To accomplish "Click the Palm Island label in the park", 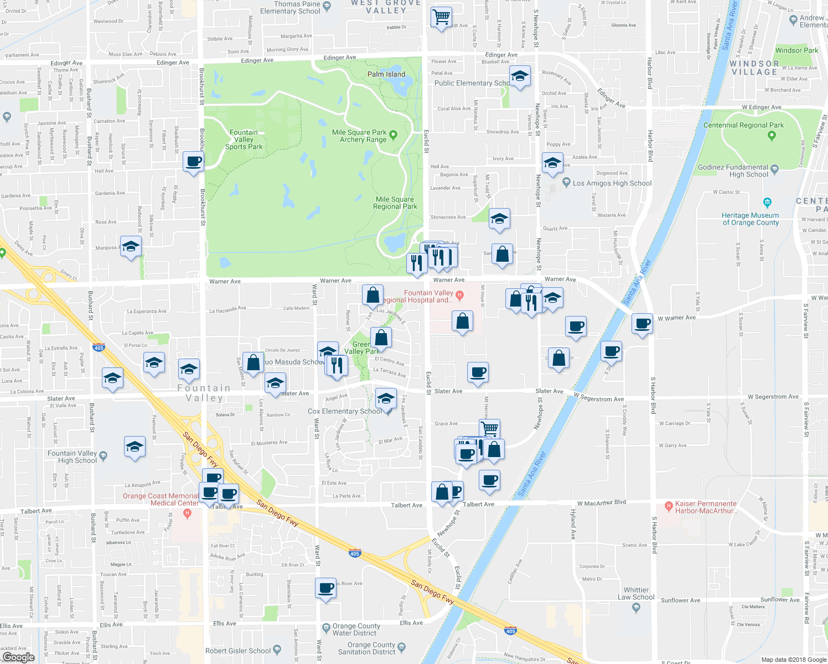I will [386, 74].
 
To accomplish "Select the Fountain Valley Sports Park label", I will [244, 139].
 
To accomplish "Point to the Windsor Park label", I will [796, 50].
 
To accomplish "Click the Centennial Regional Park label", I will [743, 125].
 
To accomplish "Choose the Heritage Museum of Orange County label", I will [750, 219].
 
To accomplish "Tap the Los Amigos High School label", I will [612, 183].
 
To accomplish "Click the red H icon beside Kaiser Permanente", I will [669, 505].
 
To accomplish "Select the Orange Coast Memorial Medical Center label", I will [161, 500].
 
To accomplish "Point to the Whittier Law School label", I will [636, 594].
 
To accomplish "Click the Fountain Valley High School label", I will [72, 457].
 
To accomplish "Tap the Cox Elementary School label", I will [344, 411].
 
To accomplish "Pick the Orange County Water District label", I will [356, 630].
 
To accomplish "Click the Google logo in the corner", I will [18, 657].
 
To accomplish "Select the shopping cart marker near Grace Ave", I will [489, 428].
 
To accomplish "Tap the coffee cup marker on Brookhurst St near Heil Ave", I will [193, 162].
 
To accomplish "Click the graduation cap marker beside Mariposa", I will [131, 247].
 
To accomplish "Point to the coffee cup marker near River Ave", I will [326, 588].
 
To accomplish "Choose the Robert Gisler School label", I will [238, 651].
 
